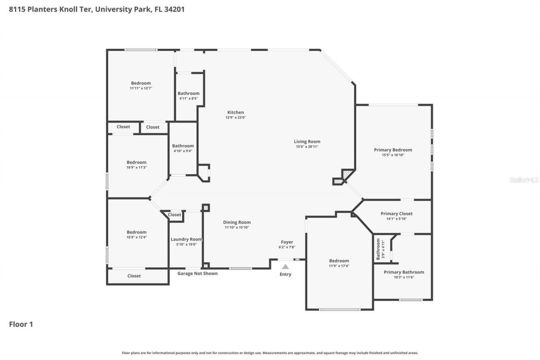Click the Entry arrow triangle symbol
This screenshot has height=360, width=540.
286,266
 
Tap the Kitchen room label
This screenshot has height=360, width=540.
235,112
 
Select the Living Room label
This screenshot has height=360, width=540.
307,141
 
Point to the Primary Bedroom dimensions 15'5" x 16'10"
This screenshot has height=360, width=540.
393,155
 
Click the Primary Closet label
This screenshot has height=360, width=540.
396,214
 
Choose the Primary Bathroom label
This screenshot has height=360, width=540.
403,272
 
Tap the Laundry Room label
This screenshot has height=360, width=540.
186,239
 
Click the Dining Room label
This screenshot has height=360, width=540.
237,222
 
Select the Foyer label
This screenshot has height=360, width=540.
287,242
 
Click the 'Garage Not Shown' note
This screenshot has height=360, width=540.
197,273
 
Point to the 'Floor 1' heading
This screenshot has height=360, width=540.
21,325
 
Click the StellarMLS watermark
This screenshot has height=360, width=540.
524,180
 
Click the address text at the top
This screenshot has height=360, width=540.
97,9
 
